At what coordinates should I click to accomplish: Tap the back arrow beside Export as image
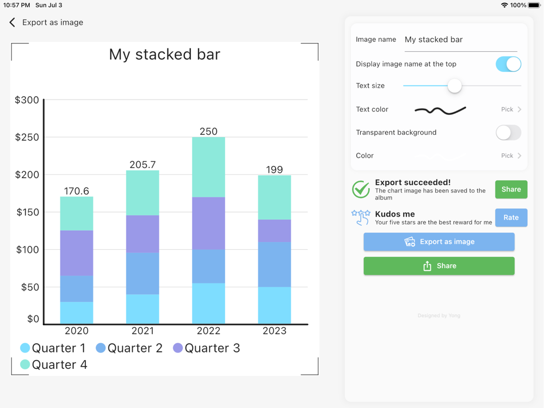pos(13,22)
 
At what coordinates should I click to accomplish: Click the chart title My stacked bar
pos(164,54)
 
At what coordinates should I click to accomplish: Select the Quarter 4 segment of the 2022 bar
pos(208,167)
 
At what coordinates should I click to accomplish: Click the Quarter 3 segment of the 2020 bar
pos(77,253)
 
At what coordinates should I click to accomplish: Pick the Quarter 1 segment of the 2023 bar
pos(274,305)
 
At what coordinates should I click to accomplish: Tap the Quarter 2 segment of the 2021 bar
pos(143,273)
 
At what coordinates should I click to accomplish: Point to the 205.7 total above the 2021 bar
pos(143,164)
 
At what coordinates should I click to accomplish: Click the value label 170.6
pos(77,191)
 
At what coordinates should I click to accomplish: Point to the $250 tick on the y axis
pos(27,137)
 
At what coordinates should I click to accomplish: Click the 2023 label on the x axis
pos(274,331)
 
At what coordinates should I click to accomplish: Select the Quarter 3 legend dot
pos(178,348)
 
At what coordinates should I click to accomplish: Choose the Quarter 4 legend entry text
pos(59,364)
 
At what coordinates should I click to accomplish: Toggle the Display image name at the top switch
pos(508,64)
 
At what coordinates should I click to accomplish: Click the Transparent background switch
pos(508,132)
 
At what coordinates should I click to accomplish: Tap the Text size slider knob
pos(454,85)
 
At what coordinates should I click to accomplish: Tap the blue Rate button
pos(511,218)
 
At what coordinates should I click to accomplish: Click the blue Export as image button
pos(439,242)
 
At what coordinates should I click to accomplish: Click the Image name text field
pos(460,40)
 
